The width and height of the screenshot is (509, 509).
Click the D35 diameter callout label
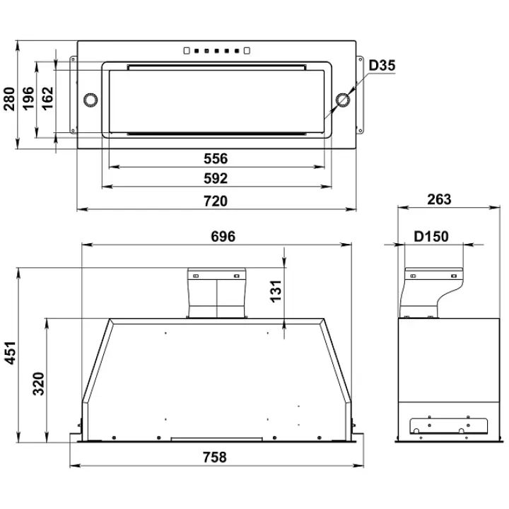tap(382, 65)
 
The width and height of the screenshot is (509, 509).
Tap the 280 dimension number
tap(10, 99)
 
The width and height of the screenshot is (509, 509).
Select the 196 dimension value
tap(28, 98)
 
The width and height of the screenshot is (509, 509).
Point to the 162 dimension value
tap(47, 98)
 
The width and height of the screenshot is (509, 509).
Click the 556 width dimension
tap(216, 159)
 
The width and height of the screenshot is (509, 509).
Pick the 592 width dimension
tap(216, 179)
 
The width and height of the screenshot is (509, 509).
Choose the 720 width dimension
tap(216, 201)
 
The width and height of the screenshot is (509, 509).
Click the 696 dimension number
tap(223, 236)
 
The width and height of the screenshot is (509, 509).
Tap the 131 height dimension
tap(276, 291)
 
